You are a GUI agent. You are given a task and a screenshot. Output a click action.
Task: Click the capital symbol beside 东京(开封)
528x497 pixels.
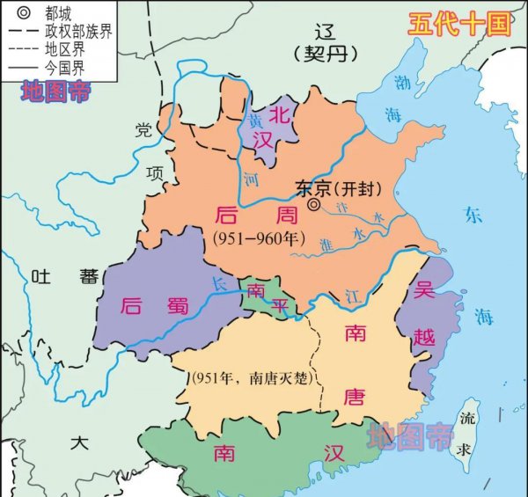pos(314,204)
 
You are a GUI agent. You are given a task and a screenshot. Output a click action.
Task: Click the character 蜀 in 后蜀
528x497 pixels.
pos(177,306)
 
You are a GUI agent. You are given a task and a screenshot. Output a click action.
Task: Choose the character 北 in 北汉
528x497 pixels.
pos(279,114)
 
